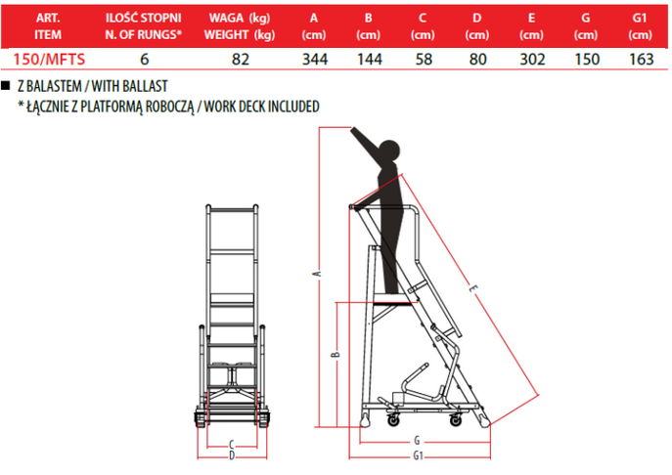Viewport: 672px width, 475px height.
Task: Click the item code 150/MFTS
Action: (49, 59)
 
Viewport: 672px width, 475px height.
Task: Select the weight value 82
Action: (240, 59)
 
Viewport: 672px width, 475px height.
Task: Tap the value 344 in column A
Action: (315, 59)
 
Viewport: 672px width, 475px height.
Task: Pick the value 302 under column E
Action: (532, 59)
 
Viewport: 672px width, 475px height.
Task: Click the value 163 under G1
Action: (641, 59)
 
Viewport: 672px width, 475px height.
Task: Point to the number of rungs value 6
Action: (145, 59)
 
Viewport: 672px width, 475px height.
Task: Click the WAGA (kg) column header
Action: (240, 18)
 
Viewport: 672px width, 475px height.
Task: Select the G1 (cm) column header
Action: (640, 26)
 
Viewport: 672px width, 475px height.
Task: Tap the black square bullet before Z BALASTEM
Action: (6, 85)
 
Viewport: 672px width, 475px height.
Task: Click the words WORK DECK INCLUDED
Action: (261, 107)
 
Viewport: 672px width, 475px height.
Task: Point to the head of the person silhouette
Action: (389, 151)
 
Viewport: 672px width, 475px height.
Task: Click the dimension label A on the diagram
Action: (318, 274)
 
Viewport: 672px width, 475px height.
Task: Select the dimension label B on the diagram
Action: (336, 354)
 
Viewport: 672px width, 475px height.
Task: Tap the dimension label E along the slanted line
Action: (473, 289)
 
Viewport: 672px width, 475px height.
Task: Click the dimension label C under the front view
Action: (232, 444)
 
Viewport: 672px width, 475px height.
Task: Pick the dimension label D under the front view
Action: (232, 455)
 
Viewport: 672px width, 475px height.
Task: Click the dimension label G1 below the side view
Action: (419, 456)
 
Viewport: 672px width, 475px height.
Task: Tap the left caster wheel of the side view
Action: (393, 420)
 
